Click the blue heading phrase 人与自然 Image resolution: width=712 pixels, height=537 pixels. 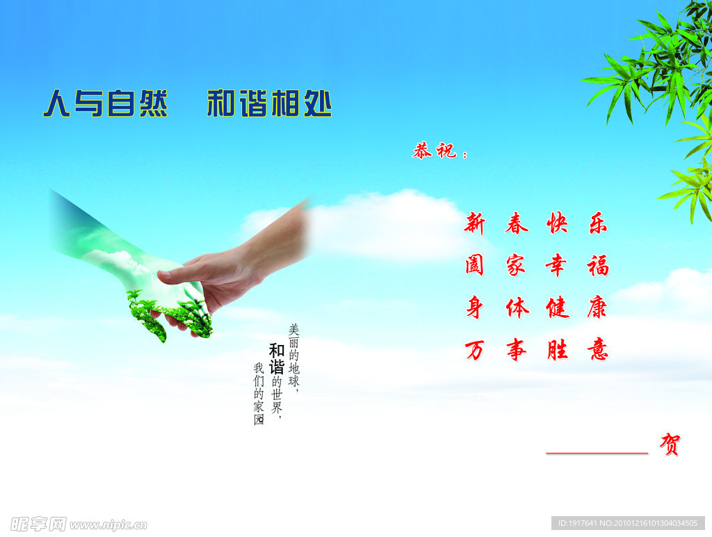pyautogui.click(x=105, y=104)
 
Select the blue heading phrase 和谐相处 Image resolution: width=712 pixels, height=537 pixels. pyautogui.click(x=269, y=104)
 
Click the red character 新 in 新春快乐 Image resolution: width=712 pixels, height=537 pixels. pyautogui.click(x=475, y=224)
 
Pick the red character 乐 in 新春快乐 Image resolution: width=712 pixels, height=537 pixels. pyautogui.click(x=597, y=223)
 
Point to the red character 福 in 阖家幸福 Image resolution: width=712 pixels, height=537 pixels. pyautogui.click(x=597, y=265)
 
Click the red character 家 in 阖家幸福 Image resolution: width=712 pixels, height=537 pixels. pyautogui.click(x=516, y=265)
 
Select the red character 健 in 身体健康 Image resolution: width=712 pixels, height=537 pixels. pyautogui.click(x=557, y=307)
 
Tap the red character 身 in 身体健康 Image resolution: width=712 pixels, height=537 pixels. pyautogui.click(x=475, y=307)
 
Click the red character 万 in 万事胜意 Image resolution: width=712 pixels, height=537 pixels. pyautogui.click(x=475, y=349)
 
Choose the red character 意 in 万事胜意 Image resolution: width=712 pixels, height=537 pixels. pyautogui.click(x=597, y=349)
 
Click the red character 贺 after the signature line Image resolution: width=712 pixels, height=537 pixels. pyautogui.click(x=670, y=444)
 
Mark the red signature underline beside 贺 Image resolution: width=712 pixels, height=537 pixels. pyautogui.click(x=597, y=453)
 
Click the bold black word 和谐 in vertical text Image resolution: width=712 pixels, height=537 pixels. pyautogui.click(x=277, y=359)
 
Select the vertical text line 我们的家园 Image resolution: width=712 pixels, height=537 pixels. pyautogui.click(x=259, y=394)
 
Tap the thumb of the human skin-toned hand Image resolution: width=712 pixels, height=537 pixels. pyautogui.click(x=182, y=274)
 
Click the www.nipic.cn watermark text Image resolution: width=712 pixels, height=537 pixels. pyautogui.click(x=108, y=524)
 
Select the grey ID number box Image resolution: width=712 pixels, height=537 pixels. pyautogui.click(x=628, y=523)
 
